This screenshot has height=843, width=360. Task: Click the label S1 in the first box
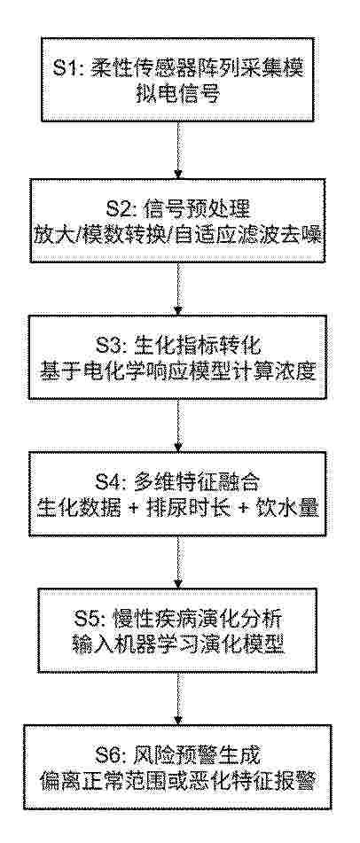coord(67,69)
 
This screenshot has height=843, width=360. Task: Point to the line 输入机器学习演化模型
coord(177,645)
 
